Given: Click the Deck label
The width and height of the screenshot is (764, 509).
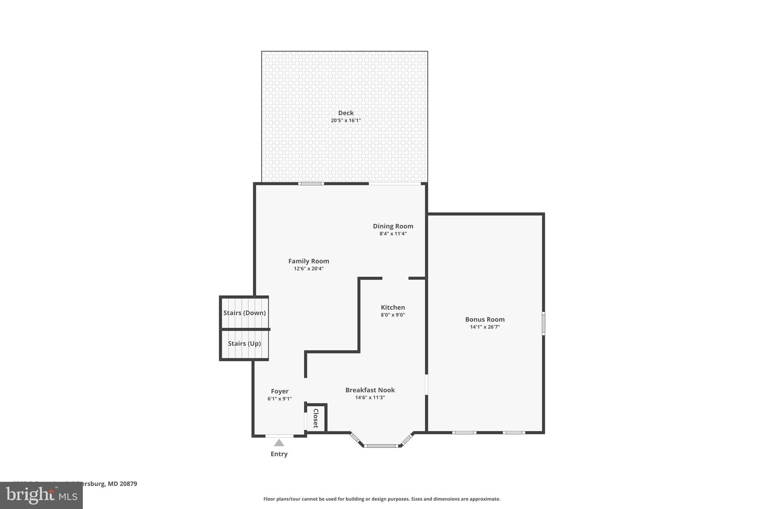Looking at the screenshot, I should [346, 113].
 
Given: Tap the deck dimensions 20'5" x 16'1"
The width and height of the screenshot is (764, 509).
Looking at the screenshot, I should [346, 120].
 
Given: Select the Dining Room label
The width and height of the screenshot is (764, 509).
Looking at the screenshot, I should [393, 226].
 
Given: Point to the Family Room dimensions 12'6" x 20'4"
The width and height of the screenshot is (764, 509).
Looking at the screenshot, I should [309, 268].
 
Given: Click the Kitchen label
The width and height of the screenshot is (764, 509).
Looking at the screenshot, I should [392, 307].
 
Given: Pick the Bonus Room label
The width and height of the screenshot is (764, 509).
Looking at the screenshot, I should [485, 319].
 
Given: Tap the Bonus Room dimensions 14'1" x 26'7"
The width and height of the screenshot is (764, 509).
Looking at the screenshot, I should [485, 327].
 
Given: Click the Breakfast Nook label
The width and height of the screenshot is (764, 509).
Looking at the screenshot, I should [370, 390].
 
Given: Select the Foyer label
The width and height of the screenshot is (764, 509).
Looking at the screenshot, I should [279, 391].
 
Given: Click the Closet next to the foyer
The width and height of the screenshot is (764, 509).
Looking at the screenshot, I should [316, 418].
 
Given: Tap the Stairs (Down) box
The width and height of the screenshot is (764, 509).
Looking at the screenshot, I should [244, 312].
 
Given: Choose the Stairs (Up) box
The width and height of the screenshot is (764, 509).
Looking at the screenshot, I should [244, 343].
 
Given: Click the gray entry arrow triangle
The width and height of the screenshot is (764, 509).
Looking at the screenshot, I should [279, 443].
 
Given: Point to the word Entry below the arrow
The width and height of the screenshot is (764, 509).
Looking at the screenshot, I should [279, 454].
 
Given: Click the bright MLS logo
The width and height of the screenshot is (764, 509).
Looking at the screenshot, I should [41, 495].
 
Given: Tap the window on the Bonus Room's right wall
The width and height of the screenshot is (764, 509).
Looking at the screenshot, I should [543, 323].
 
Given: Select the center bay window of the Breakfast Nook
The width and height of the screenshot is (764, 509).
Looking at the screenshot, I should [381, 446].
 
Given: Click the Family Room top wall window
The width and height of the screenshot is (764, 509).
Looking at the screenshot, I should [311, 183].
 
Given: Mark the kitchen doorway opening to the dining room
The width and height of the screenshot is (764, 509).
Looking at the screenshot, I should [395, 278].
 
